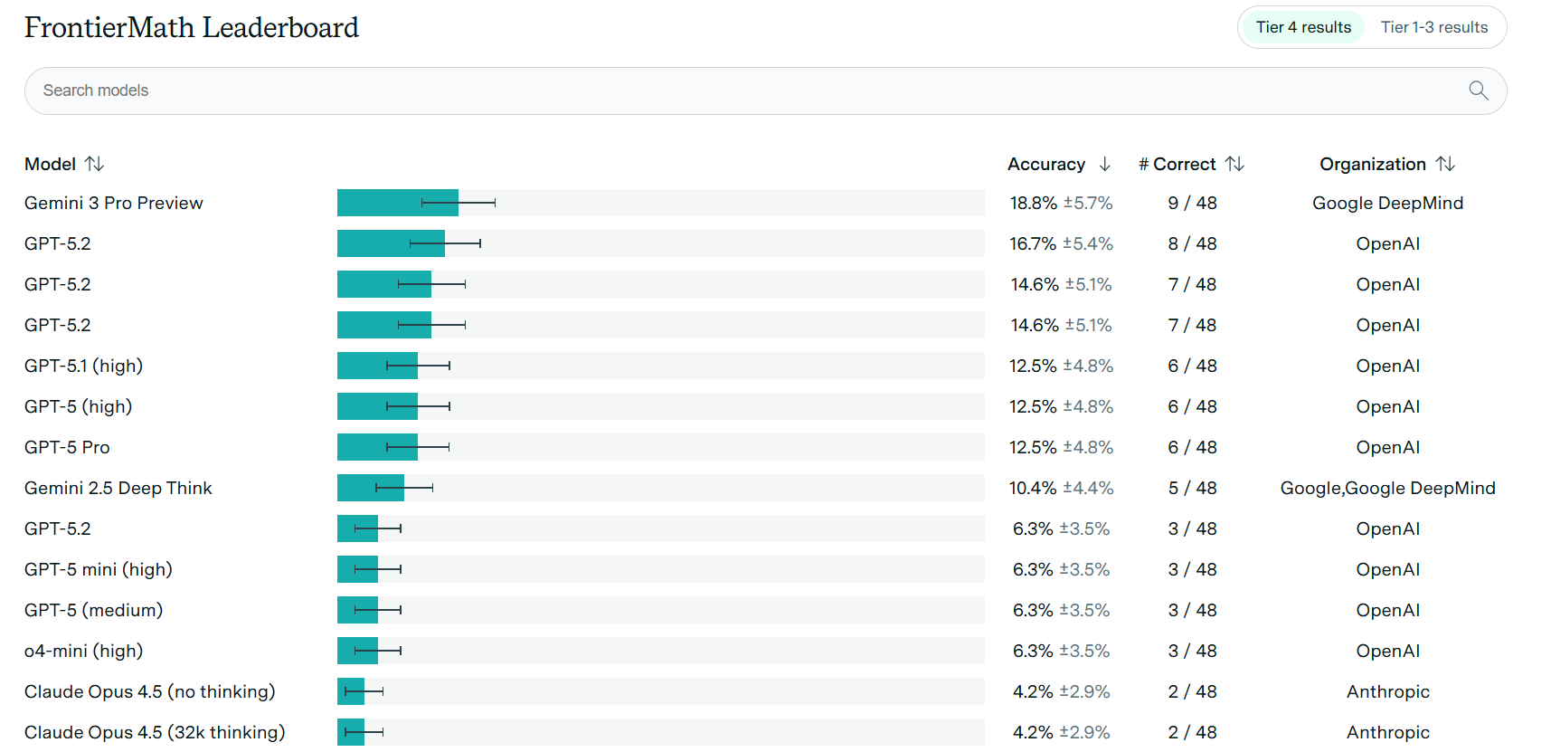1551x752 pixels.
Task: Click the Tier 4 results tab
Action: click(1303, 27)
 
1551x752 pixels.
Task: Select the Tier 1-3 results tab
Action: click(1433, 27)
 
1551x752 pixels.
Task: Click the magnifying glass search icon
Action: click(1478, 90)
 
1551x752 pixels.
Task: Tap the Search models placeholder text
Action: click(96, 90)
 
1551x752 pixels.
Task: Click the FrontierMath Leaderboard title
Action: click(191, 28)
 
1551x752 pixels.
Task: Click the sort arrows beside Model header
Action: click(95, 164)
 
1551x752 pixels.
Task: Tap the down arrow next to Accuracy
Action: click(1104, 164)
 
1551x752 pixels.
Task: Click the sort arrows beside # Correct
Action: click(1234, 164)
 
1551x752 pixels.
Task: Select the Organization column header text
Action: click(1372, 164)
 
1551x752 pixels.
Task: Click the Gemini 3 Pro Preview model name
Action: click(114, 203)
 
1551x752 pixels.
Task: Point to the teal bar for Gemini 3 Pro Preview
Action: click(380, 203)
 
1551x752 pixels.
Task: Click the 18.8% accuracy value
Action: click(1034, 203)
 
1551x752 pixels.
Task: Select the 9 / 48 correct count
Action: click(1192, 203)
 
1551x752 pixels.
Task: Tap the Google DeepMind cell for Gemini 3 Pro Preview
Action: click(1387, 203)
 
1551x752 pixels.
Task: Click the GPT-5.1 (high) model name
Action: click(83, 366)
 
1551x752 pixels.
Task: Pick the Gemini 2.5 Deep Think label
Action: click(118, 488)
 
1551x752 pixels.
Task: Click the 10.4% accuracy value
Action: click(1033, 488)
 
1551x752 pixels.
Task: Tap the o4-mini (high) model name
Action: click(83, 651)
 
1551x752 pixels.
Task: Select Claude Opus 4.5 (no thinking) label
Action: click(149, 691)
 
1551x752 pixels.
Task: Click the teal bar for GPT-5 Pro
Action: click(362, 447)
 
